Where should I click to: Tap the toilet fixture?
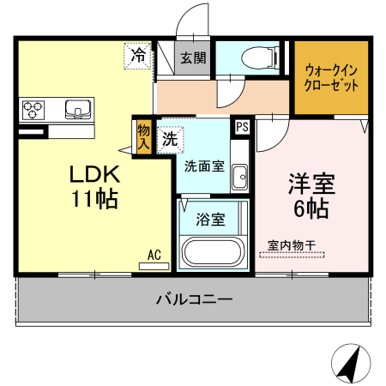pos(258,57)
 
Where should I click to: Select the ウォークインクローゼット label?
pos(330,79)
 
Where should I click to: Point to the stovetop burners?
pos(33,110)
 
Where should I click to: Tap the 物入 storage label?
pos(142,136)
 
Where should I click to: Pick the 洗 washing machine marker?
pos(171,136)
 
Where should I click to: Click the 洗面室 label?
pos(204,166)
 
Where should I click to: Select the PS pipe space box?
pos(243,127)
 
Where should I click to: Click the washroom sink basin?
pos(239,176)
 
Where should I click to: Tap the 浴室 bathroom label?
pos(211,220)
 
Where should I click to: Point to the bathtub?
pos(212,255)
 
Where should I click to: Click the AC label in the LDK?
pos(154,255)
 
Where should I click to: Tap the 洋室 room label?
pos(310,183)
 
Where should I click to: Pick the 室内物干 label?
pos(292,245)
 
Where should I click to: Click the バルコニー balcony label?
pos(194,299)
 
